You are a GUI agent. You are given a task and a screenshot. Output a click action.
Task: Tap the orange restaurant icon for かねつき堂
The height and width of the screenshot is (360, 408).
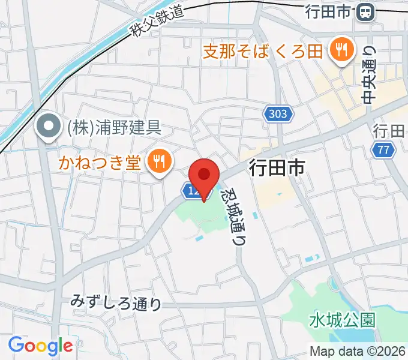click(x=158, y=160)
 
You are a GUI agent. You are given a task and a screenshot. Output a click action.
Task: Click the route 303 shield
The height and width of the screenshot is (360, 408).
click(x=277, y=113)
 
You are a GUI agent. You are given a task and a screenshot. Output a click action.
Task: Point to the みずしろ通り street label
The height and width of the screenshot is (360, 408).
click(x=116, y=303)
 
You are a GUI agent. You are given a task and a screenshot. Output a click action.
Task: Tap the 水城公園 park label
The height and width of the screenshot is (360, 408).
click(x=343, y=319)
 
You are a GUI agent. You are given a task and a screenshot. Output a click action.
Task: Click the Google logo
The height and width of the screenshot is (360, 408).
click(x=40, y=346)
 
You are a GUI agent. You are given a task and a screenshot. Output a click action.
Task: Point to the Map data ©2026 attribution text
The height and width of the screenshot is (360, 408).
click(x=358, y=352)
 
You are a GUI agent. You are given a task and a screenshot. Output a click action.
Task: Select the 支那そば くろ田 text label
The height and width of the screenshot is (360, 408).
click(x=263, y=50)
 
